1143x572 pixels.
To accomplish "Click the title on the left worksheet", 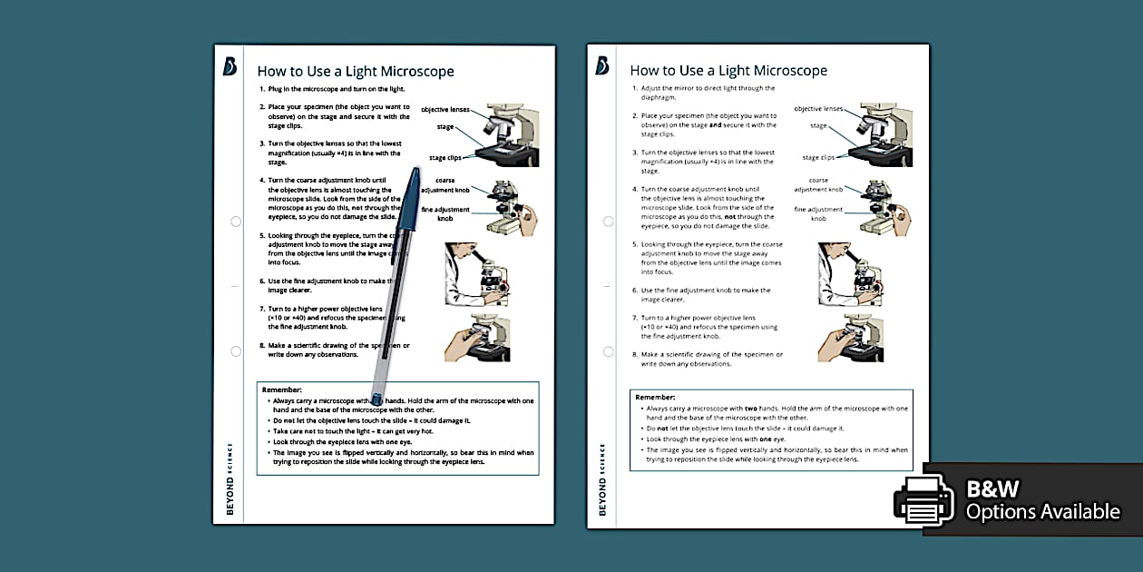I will coord(356,71).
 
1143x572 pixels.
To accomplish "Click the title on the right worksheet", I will coord(728,71).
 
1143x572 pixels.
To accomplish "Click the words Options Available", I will coord(1042,512).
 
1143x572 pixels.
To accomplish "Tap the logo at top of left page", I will coord(230,66).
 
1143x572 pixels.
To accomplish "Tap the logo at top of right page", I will coord(602,66).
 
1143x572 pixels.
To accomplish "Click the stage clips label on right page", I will coord(818,158).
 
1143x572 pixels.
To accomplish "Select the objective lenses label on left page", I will coord(445,109).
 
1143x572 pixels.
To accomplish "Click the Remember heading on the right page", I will coord(655,397).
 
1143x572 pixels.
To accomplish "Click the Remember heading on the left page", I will coord(282,390).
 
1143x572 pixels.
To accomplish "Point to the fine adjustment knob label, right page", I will coord(818,214).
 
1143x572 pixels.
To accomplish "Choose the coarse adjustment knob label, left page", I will coord(445,185).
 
